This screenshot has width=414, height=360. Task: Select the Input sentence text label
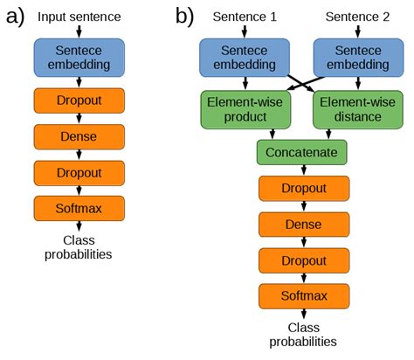pyautogui.click(x=79, y=17)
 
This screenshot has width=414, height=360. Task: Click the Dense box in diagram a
pyautogui.click(x=79, y=136)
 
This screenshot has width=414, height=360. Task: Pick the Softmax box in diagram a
pyautogui.click(x=79, y=209)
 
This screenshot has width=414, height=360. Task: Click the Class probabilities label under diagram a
pyautogui.click(x=79, y=247)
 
